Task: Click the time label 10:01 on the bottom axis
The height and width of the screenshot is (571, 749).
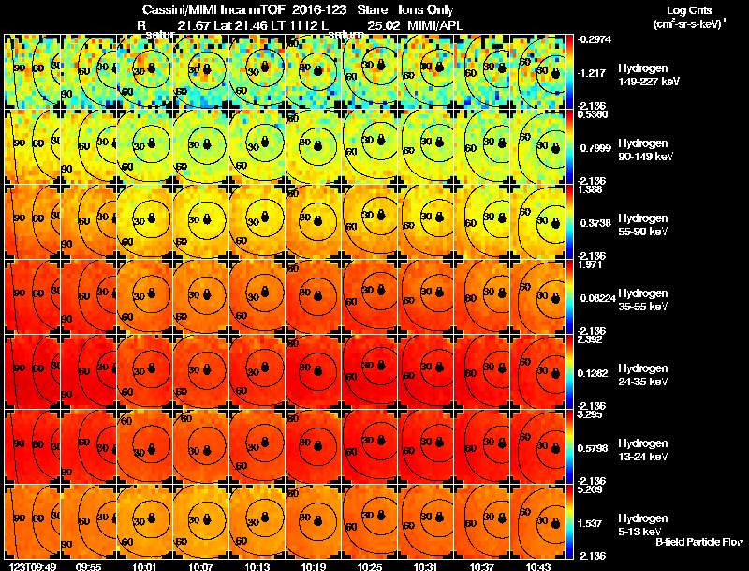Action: coord(145,566)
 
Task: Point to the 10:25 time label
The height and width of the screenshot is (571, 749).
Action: coord(371,566)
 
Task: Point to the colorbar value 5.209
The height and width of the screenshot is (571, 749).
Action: coord(591,489)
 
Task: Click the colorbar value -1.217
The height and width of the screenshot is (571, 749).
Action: coord(593,72)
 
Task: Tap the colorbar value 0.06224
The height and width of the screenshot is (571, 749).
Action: coord(595,297)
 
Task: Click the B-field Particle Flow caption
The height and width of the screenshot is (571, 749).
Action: coord(698,542)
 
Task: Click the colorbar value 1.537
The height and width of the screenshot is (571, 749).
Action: coord(591,522)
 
